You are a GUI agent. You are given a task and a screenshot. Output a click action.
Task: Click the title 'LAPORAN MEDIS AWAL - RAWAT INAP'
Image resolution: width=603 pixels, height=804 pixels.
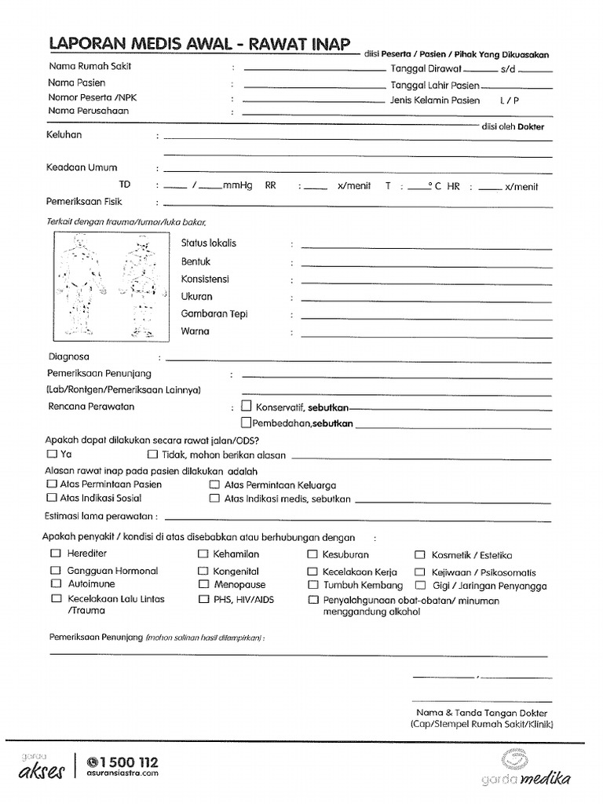pos(199,44)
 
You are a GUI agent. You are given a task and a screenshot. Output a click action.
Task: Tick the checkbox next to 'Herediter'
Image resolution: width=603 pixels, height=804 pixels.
pos(56,554)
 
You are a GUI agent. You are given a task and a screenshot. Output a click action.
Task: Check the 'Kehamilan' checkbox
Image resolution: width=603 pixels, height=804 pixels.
pos(203,554)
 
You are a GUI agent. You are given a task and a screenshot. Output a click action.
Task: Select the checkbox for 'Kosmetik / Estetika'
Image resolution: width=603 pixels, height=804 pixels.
pos(420,554)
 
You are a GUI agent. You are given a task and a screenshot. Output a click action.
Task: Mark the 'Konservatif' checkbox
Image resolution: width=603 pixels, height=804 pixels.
pos(247,407)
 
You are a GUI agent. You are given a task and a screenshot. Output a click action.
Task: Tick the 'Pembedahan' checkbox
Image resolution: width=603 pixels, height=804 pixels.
pos(247,422)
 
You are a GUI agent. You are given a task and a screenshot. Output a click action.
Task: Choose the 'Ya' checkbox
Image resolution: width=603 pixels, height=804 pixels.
pos(52,454)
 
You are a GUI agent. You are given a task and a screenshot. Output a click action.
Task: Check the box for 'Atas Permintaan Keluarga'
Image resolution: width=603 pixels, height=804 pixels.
pos(214,484)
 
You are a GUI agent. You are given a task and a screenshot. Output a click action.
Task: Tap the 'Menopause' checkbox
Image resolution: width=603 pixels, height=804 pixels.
pos(203,584)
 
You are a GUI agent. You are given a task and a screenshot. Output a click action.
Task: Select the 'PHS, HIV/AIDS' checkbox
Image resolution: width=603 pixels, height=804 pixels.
pos(203,599)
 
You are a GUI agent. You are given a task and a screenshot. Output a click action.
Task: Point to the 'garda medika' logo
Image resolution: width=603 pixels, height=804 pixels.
pos(526,769)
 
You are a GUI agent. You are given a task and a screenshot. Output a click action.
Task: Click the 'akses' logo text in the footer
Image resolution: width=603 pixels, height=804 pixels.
pos(41,772)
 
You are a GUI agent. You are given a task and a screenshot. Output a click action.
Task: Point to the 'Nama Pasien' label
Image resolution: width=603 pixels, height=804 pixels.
pos(76,82)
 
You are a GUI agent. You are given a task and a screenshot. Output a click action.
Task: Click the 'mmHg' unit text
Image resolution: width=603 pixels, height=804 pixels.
pos(237,186)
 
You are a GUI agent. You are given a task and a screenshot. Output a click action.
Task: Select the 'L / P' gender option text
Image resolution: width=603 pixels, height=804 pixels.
pos(509,100)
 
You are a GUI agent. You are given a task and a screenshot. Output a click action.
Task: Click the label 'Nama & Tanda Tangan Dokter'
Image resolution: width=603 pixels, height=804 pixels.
pos(481,713)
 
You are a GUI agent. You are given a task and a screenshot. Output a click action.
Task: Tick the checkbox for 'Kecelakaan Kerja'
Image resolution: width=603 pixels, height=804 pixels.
pos(312,572)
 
